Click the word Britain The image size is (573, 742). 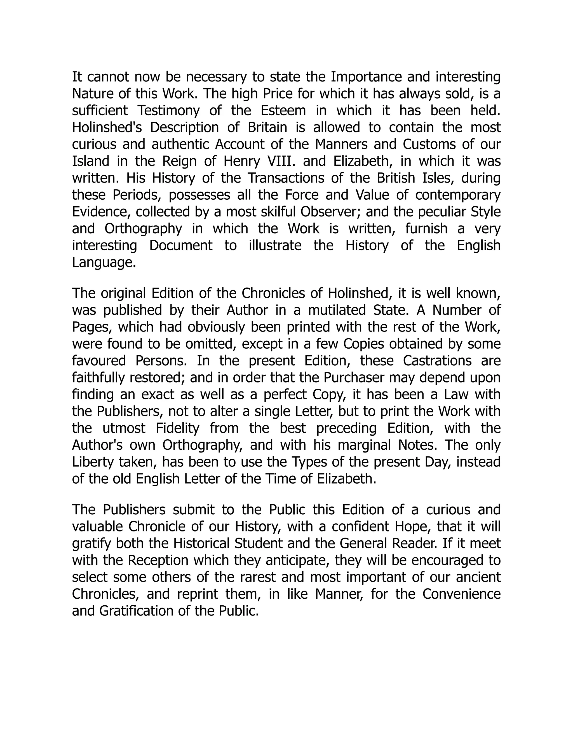pyautogui.click(x=267, y=128)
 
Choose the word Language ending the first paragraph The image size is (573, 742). pyautogui.click(x=104, y=262)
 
